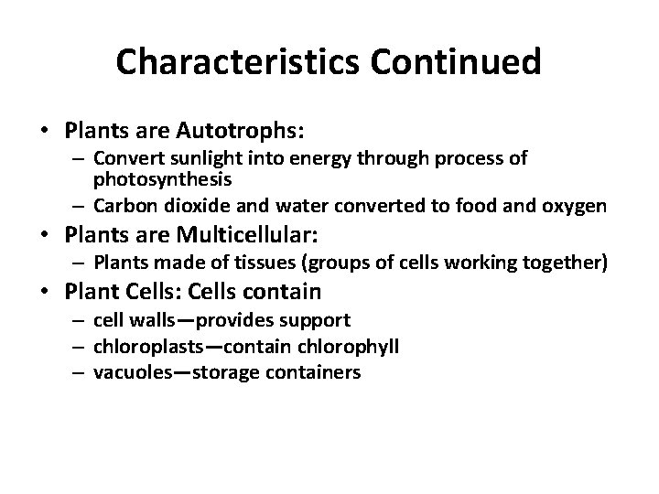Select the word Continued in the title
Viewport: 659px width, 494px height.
click(449, 62)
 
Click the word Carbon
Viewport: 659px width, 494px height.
click(124, 206)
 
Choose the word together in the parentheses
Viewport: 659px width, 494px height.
click(564, 263)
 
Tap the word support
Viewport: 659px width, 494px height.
click(318, 321)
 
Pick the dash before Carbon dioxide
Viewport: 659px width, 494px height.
click(81, 206)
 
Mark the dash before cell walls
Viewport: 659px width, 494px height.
click(81, 321)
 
